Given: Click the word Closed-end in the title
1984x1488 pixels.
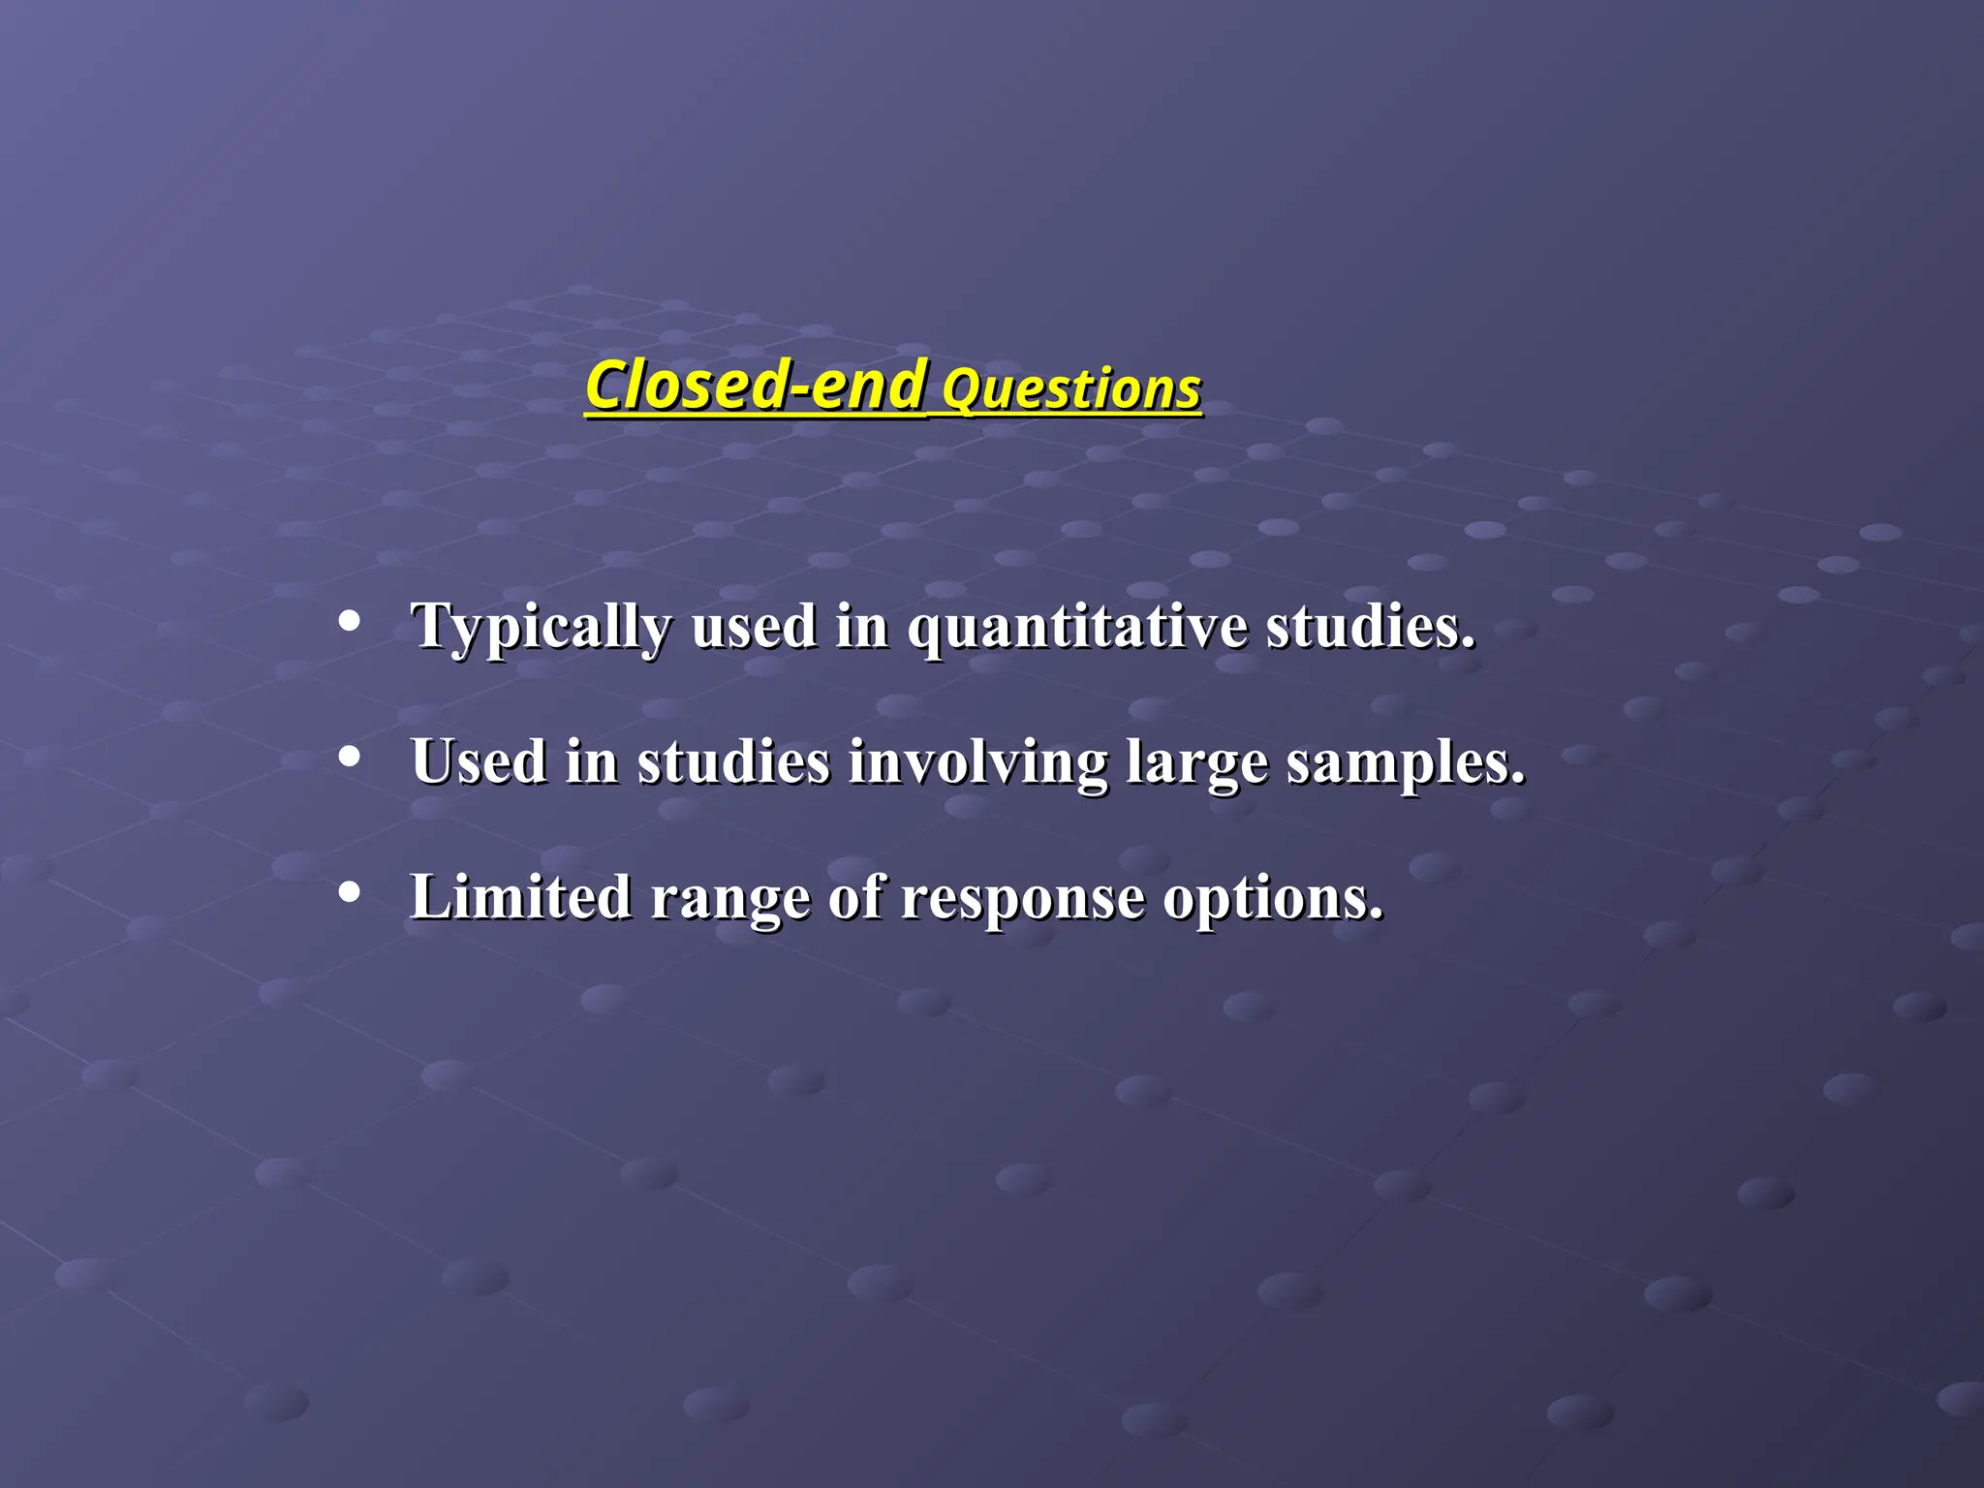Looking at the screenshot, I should (x=755, y=386).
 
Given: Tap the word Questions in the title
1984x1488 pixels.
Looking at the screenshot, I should (x=1070, y=390).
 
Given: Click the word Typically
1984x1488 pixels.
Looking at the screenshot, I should (x=541, y=628).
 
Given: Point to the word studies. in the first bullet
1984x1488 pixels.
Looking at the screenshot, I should (x=1370, y=626).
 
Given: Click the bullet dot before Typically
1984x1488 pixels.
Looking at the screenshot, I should (x=350, y=621).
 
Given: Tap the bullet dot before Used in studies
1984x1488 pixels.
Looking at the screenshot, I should (x=350, y=757).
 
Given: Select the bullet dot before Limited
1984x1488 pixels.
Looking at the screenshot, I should (x=350, y=892).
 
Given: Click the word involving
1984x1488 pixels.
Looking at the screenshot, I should (x=977, y=762).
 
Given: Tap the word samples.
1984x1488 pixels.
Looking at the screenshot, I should (x=1405, y=763).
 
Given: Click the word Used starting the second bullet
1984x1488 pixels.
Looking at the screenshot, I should (x=479, y=761).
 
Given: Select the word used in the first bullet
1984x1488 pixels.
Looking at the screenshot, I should (x=754, y=626).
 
